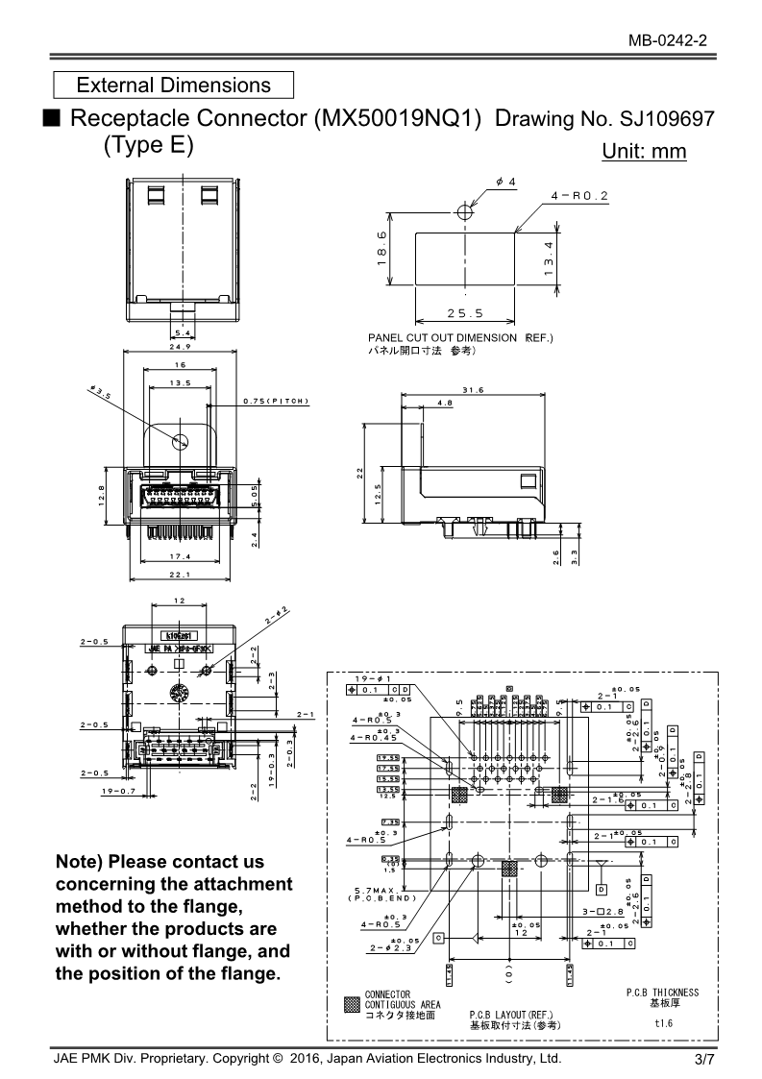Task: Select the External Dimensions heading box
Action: [173, 85]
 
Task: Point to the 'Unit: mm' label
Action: [644, 151]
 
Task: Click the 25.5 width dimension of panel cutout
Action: [465, 313]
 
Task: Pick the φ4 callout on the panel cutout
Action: [506, 182]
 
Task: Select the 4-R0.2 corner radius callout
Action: [580, 195]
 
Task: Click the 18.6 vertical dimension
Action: [381, 248]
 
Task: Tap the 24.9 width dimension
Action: [181, 347]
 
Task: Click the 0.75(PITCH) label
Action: [275, 401]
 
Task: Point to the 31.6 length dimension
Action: [472, 389]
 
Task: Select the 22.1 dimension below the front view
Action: [181, 576]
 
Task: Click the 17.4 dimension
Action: [181, 556]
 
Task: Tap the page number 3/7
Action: [704, 1060]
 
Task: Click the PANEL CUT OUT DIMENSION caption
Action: [460, 338]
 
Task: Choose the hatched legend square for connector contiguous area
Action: [352, 1005]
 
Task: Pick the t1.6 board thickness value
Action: [663, 1023]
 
